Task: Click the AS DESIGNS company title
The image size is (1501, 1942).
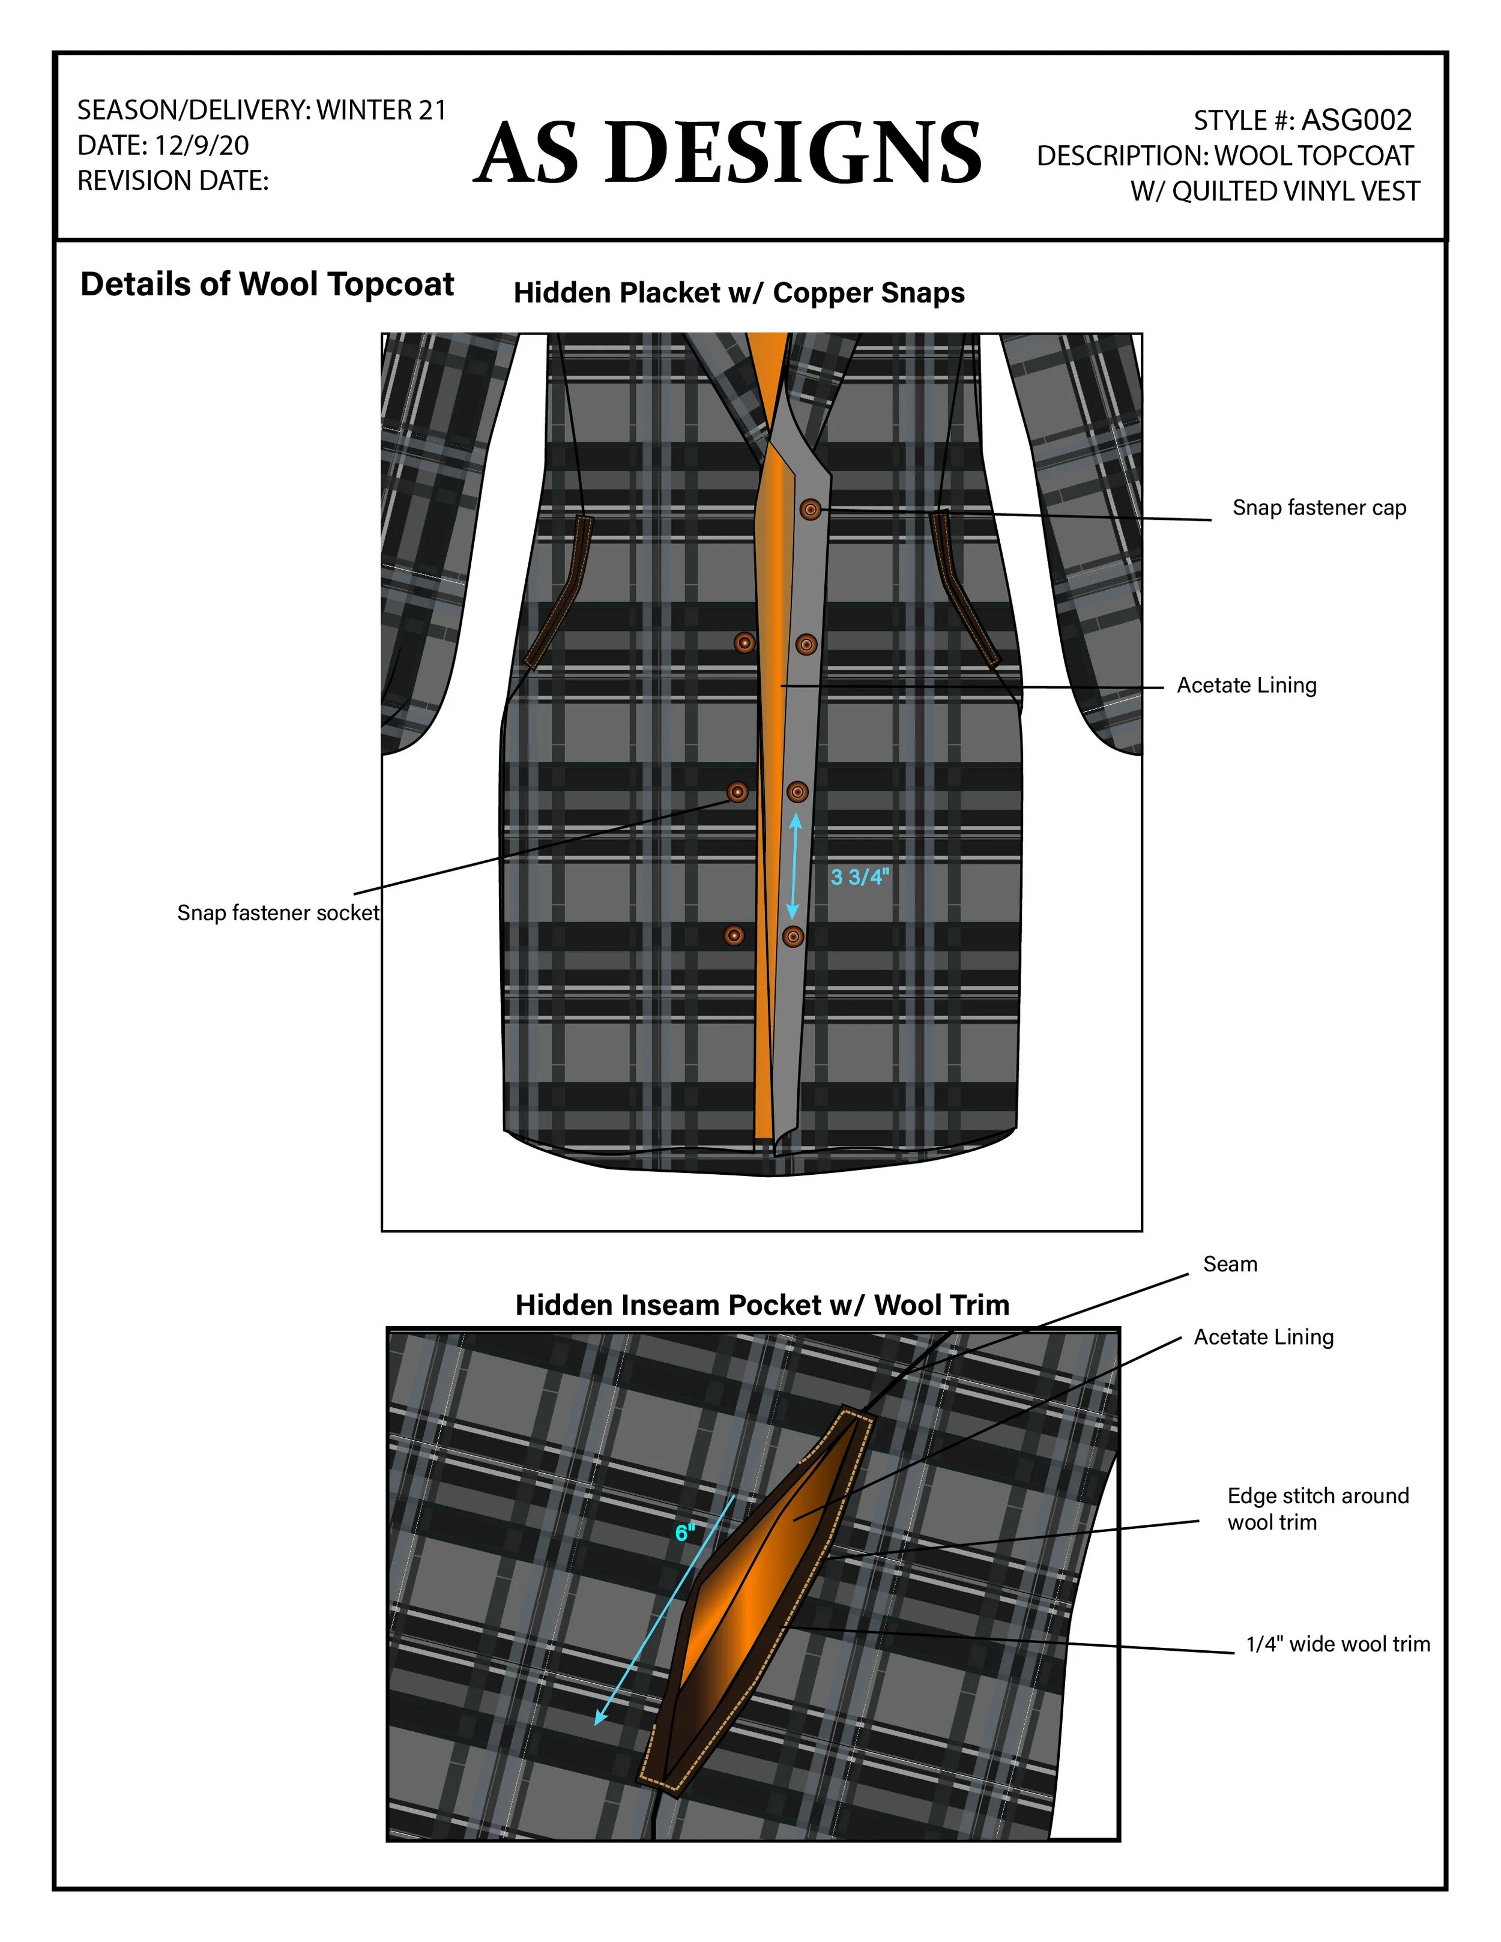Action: (726, 153)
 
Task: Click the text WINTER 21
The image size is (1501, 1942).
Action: (381, 110)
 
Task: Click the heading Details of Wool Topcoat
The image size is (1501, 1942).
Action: (267, 285)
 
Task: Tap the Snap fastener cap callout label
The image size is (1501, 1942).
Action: (1318, 508)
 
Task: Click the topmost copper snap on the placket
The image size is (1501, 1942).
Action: (810, 510)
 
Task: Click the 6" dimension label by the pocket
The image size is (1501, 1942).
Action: (684, 1533)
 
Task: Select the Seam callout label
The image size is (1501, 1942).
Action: (1230, 1264)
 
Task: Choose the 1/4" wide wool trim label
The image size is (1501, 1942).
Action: (1337, 1644)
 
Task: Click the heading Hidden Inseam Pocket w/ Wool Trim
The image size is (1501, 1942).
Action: (762, 1305)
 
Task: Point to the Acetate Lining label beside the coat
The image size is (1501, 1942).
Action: (1246, 686)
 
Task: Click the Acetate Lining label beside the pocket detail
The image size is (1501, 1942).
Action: (1263, 1337)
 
